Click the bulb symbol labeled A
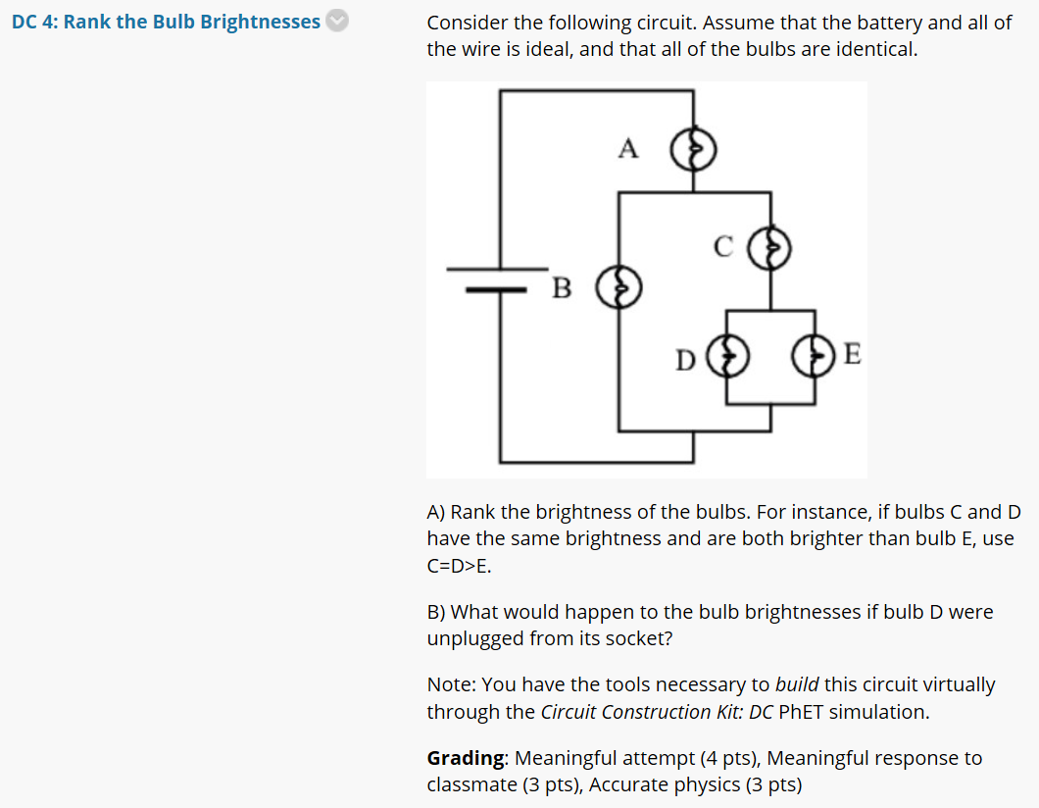point(693,149)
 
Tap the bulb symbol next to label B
point(618,287)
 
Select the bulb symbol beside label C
point(769,248)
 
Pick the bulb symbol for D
point(727,356)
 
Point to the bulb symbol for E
point(813,356)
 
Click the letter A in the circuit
point(628,148)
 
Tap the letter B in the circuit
point(562,288)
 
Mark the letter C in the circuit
point(723,246)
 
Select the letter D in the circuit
point(686,361)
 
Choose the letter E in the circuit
point(852,354)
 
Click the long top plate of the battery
point(498,269)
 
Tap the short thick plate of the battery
point(496,289)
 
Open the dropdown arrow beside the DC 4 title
point(337,22)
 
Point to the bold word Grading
point(466,758)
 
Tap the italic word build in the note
point(797,684)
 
